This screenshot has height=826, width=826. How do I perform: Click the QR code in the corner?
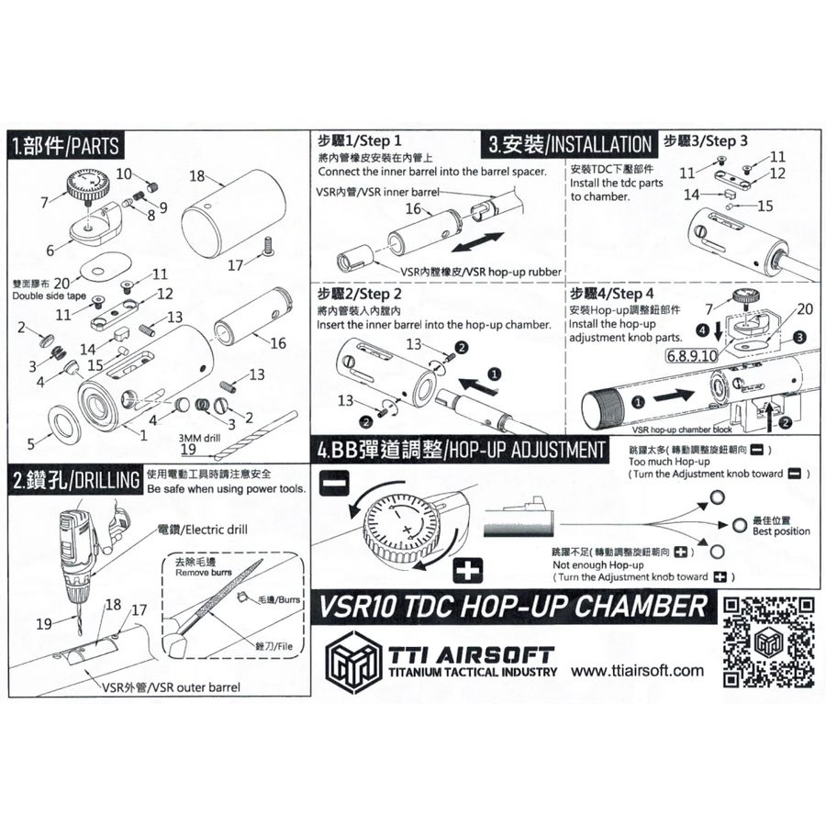coord(769,642)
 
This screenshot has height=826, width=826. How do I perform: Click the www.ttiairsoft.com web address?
coord(638,671)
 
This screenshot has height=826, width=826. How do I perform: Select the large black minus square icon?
coord(334,483)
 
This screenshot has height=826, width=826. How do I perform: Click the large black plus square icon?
coord(468,570)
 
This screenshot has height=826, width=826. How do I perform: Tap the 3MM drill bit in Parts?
coord(262,436)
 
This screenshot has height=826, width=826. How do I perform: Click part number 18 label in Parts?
coord(196,175)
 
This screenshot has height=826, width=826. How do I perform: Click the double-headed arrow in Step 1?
coord(478,243)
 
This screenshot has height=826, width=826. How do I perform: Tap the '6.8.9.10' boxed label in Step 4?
coord(692,356)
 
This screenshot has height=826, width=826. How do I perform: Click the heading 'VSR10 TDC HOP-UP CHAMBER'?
coord(512,607)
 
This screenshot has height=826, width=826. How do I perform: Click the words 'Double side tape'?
coord(49,296)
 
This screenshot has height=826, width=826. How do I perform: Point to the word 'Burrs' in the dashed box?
coord(289,599)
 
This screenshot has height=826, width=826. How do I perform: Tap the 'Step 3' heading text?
coord(726,141)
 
